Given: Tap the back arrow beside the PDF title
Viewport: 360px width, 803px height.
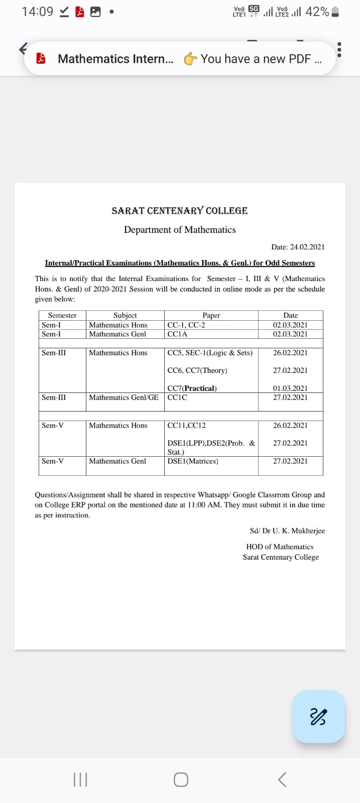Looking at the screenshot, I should tap(23, 49).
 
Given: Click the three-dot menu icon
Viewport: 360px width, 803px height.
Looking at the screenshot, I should tap(339, 49).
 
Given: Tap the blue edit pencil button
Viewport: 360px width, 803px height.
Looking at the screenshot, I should tap(318, 716).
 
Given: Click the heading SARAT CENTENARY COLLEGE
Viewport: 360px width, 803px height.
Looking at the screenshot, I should tap(180, 211).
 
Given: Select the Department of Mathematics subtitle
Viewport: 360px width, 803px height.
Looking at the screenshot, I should tap(180, 230).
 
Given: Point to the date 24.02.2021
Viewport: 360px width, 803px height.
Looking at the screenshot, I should tap(298, 247).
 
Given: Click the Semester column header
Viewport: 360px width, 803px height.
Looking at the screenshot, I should tap(62, 315).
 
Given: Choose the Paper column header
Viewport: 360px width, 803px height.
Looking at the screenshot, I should tap(211, 315).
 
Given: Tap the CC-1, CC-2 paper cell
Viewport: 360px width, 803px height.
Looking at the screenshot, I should tap(186, 325).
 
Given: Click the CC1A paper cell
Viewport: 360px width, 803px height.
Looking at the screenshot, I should tap(177, 334).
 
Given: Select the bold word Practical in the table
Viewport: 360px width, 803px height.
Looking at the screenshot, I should tap(200, 388).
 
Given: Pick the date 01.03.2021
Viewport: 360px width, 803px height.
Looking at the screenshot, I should tap(290, 388).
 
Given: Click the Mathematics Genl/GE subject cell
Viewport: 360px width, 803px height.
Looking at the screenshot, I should tap(124, 397).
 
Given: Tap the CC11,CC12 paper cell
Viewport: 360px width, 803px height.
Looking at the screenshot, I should tap(186, 425).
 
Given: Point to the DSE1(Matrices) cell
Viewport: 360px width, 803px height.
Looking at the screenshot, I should tap(193, 461).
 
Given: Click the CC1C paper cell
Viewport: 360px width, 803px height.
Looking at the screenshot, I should tap(177, 397).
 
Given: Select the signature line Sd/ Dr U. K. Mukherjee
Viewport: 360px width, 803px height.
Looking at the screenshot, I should tap(287, 530).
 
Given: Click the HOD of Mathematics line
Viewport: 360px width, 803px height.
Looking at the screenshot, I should tap(280, 547).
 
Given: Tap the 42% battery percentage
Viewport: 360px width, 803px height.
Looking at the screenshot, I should tap(317, 12).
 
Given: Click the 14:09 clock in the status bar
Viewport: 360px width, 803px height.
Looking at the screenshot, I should tap(37, 12).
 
